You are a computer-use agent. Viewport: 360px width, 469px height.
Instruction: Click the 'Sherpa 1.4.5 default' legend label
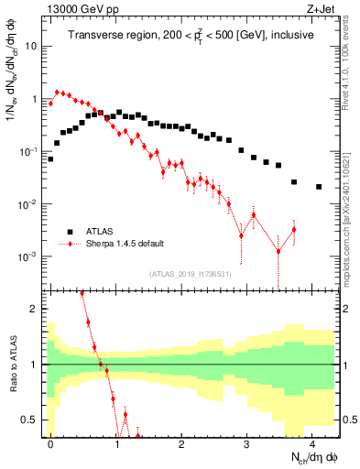pos(125,244)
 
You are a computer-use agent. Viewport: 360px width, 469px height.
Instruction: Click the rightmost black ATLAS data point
pos(319,187)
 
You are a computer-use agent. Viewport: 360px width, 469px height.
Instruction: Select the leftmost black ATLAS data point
pos(50,158)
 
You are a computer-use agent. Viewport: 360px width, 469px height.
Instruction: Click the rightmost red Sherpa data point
pos(294,229)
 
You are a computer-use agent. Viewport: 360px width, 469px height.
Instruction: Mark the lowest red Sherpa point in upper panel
pos(278,251)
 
